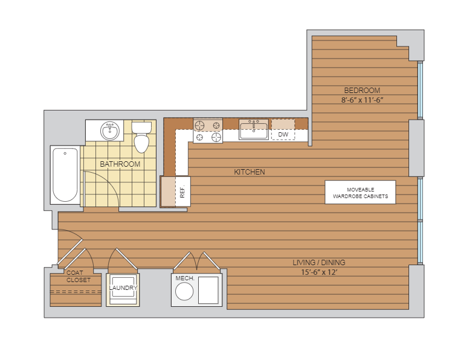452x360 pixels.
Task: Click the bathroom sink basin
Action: [110, 131]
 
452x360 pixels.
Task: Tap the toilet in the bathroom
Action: [141, 137]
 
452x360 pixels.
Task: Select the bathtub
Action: [65, 175]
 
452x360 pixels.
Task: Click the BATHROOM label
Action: [120, 164]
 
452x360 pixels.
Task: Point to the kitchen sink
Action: [254, 129]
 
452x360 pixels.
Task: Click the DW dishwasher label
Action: [283, 134]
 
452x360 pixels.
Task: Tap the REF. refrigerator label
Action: [182, 191]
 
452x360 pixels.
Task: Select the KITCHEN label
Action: [250, 172]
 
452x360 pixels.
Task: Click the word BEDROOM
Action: [362, 90]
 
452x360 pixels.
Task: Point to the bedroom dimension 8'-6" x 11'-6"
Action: [362, 100]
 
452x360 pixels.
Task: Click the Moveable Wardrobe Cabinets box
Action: [360, 192]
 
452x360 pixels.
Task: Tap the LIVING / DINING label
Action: [319, 262]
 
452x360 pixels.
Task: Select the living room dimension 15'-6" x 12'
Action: [319, 272]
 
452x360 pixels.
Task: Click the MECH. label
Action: [185, 278]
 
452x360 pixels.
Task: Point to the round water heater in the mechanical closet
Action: [184, 291]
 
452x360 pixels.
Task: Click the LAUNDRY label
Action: [123, 288]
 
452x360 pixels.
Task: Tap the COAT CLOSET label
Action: [79, 276]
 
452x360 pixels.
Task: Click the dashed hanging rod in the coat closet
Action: [76, 292]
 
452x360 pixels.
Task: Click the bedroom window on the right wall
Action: [421, 90]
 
